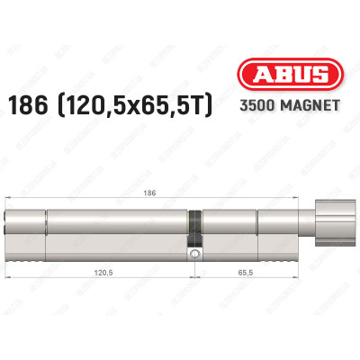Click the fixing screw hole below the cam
(193, 255)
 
